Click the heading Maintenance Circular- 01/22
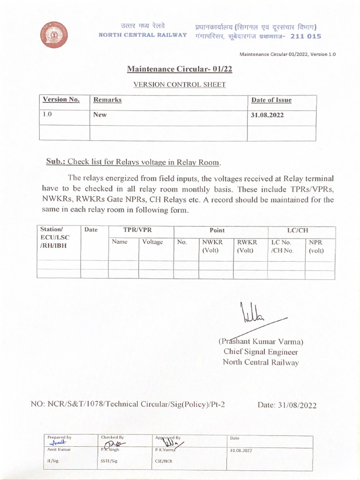(180, 70)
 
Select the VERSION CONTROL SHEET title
(180, 85)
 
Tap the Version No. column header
(61, 100)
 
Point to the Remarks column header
(107, 100)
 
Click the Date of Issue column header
(271, 100)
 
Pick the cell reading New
(100, 115)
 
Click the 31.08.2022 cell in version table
(268, 115)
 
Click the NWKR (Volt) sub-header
(212, 247)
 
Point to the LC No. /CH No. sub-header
(282, 247)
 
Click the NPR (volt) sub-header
(316, 247)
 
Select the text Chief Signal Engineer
(260, 352)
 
